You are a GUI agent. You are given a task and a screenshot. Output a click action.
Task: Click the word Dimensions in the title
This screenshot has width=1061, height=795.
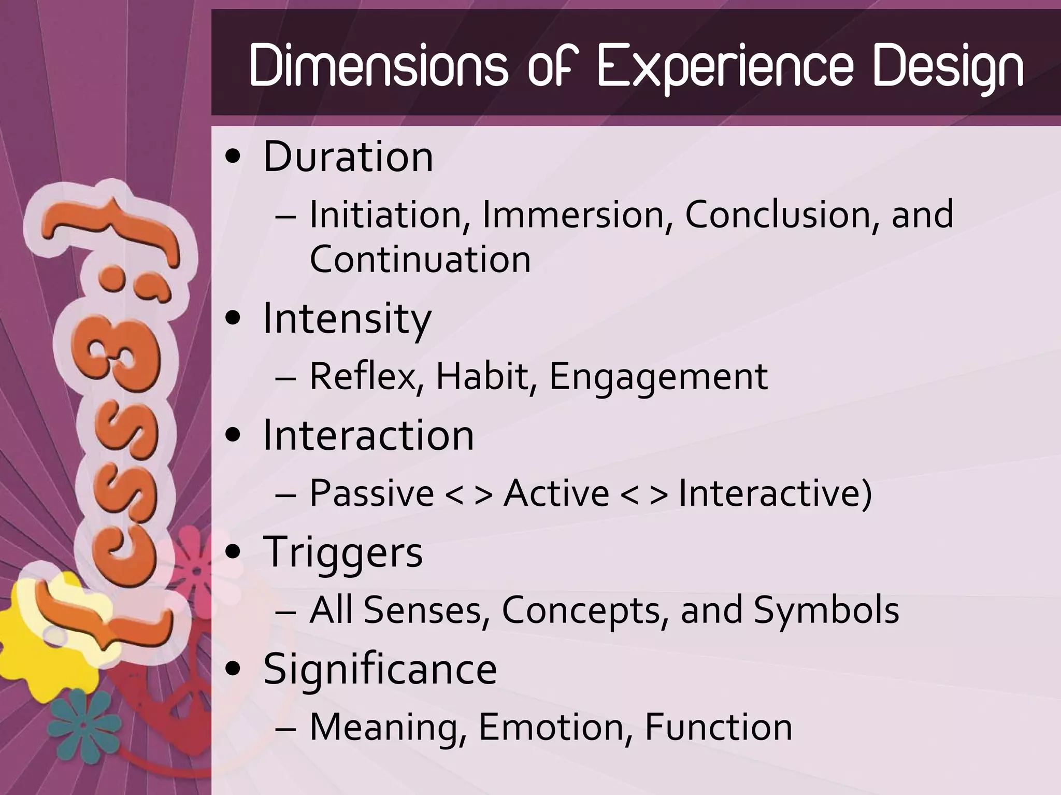pyautogui.click(x=378, y=66)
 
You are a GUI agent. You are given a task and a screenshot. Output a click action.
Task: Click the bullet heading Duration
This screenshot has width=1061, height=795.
pyautogui.click(x=348, y=157)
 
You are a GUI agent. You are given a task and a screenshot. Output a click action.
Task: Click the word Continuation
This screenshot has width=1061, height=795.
pyautogui.click(x=420, y=259)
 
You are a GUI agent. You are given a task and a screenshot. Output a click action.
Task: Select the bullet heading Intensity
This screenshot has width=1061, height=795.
pyautogui.click(x=347, y=319)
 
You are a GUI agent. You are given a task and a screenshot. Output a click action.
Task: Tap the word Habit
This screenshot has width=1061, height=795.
pyautogui.click(x=485, y=376)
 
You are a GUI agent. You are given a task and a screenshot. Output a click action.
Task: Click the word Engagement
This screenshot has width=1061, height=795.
pyautogui.click(x=658, y=377)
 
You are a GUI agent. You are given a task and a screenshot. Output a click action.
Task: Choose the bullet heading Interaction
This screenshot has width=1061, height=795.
pyautogui.click(x=368, y=435)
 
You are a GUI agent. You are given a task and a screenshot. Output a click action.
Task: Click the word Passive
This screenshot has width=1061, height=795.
pyautogui.click(x=371, y=493)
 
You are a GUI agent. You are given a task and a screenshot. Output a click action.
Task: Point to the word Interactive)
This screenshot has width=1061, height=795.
pyautogui.click(x=775, y=493)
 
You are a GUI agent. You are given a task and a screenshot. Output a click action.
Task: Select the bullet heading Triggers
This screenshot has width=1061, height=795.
pyautogui.click(x=343, y=552)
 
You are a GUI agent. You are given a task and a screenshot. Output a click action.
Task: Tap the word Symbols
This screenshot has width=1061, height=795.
pyautogui.click(x=826, y=610)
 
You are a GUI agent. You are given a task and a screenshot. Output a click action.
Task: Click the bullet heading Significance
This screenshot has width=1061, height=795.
pyautogui.click(x=380, y=669)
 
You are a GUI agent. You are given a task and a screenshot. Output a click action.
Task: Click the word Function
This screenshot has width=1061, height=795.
pyautogui.click(x=719, y=727)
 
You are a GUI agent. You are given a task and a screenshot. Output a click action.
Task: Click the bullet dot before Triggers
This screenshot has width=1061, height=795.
pyautogui.click(x=234, y=551)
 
